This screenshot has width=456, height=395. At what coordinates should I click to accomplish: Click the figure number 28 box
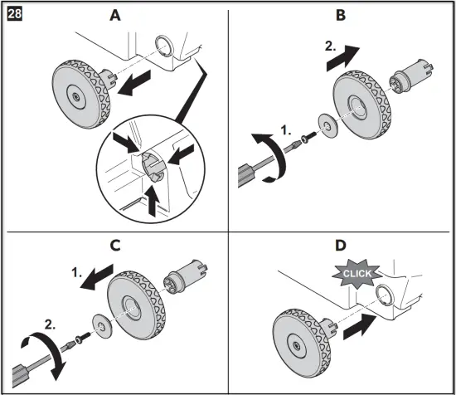point(14,14)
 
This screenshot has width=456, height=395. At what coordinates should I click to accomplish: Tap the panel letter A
point(115,15)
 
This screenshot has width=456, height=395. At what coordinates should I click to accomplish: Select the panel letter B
point(341,15)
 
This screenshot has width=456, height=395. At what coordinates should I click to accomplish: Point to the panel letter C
point(115,246)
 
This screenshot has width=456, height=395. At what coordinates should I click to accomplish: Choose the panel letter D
point(341,246)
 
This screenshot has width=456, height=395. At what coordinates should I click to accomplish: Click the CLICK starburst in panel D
point(357,273)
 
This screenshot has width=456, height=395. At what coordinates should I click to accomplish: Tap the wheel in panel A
point(81,94)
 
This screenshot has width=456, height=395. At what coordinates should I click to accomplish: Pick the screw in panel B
point(309,138)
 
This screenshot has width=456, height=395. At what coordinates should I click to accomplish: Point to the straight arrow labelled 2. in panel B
point(343,58)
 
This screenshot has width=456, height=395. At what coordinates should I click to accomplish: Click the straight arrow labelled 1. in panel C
point(96,277)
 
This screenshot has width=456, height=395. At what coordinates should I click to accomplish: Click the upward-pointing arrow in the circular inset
point(153,200)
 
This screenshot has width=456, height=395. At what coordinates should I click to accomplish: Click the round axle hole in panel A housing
point(165,46)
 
